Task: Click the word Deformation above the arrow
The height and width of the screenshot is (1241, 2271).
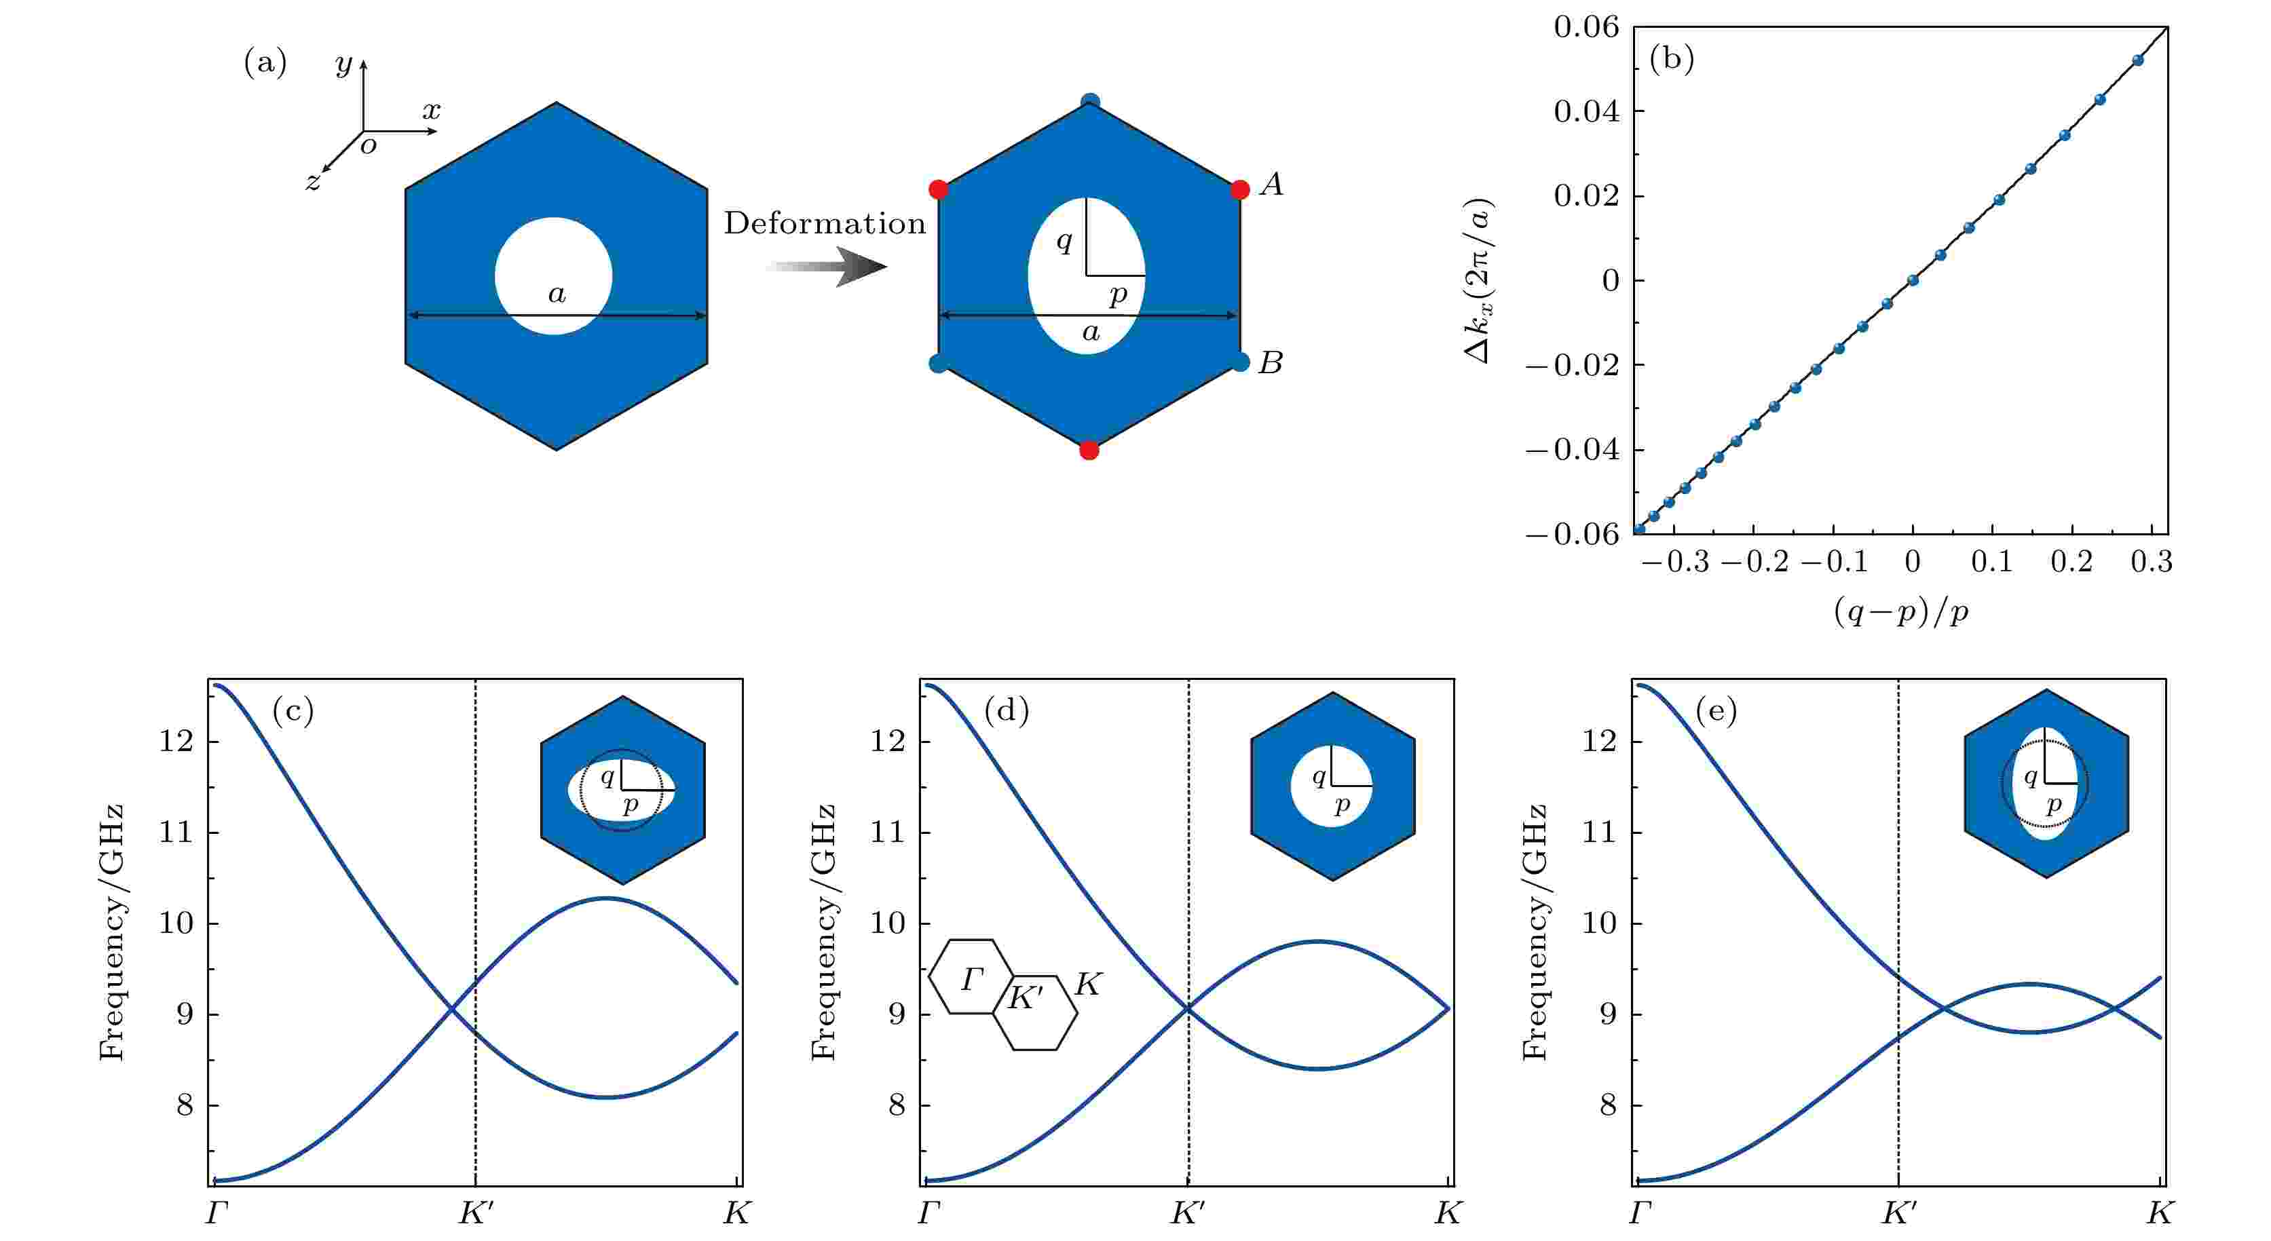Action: coord(825,224)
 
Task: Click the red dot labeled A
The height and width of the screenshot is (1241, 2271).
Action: coord(1239,189)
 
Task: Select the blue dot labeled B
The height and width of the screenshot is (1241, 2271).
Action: coord(1241,362)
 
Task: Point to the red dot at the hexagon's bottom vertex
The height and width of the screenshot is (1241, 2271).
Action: coord(1089,451)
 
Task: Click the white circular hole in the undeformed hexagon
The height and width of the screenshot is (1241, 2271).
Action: coord(554,276)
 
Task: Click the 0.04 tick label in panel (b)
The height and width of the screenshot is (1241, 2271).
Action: coord(1587,112)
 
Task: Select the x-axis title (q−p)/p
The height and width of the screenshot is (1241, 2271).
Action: coord(1900,611)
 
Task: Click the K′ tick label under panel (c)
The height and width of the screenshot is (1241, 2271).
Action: coord(476,1214)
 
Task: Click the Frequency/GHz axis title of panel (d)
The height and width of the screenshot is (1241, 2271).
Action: coord(823,932)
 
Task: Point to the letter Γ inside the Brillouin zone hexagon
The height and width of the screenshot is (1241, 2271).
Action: coord(973,979)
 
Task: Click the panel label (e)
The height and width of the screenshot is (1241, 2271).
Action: coord(1716,710)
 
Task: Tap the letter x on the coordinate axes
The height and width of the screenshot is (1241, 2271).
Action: coord(431,111)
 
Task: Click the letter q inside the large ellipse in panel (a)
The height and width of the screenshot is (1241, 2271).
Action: coord(1064,241)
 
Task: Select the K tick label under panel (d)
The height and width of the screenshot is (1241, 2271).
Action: coord(1448,1214)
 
